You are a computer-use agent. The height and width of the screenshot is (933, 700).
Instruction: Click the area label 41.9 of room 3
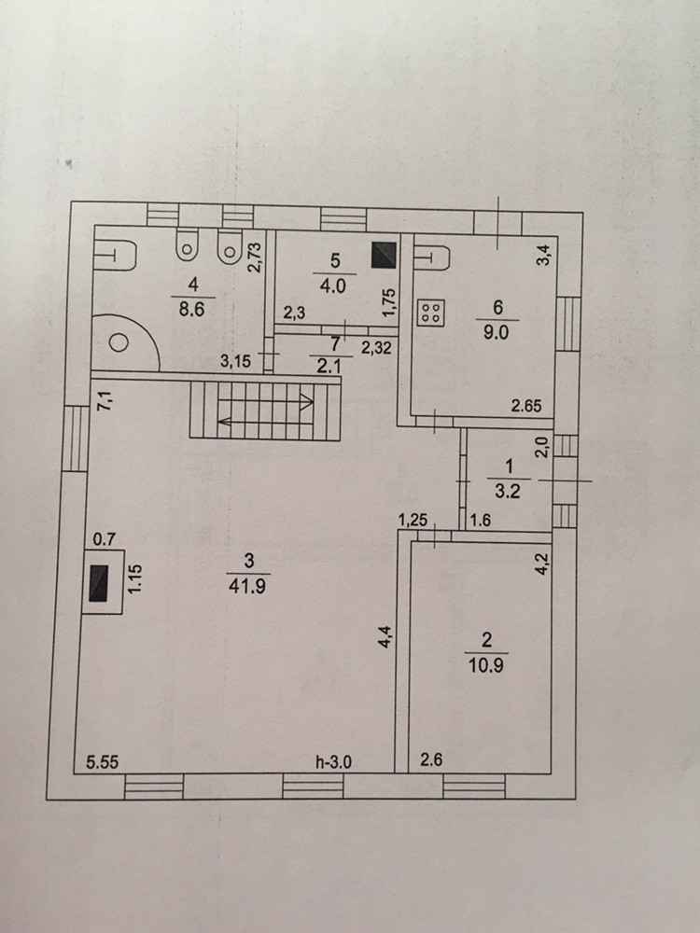coord(248,586)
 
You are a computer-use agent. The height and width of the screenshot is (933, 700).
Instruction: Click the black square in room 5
coord(383,255)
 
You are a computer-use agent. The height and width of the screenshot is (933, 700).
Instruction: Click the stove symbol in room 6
coord(431,313)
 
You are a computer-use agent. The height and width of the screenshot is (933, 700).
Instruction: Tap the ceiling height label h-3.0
coord(333,761)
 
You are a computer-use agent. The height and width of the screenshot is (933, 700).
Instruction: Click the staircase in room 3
coord(264,411)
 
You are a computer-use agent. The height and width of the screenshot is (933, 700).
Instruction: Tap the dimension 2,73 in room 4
coord(252,254)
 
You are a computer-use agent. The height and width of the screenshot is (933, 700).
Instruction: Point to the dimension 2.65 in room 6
coord(527,405)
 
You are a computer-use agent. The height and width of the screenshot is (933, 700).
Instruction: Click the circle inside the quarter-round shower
coord(119,343)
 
